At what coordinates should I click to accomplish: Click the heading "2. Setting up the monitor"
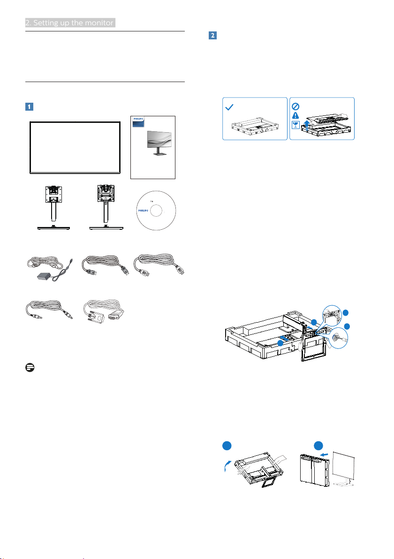[x=70, y=23]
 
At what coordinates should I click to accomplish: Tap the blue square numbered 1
[x=29, y=106]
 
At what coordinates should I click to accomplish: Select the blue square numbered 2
[x=212, y=35]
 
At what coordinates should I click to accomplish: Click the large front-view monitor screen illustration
[x=75, y=148]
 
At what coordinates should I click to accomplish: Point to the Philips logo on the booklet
[x=138, y=119]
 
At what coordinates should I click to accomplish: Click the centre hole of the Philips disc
[x=156, y=211]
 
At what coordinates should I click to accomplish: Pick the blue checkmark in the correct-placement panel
[x=229, y=106]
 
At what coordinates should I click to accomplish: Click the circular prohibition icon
[x=295, y=106]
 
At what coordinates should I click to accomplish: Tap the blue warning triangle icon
[x=295, y=115]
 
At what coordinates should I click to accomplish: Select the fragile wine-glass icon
[x=295, y=125]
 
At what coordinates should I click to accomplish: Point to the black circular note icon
[x=30, y=368]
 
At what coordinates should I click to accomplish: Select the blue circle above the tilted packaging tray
[x=227, y=446]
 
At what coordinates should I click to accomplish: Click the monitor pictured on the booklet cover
[x=159, y=143]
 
